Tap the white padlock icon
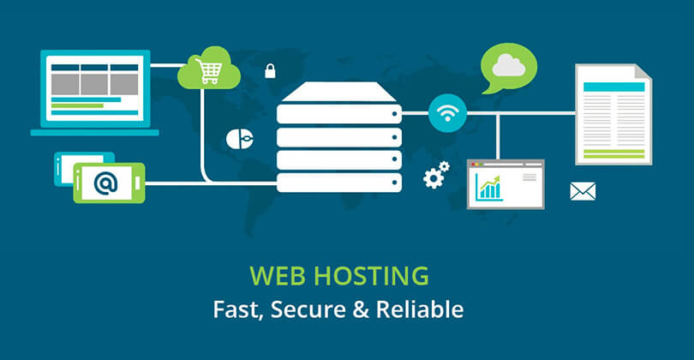(270, 71)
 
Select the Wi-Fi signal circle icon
(447, 113)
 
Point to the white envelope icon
(582, 191)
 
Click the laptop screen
(94, 88)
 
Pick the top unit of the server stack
(339, 112)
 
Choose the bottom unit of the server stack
(339, 182)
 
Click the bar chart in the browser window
(491, 186)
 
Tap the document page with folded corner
(613, 114)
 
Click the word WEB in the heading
(273, 277)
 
